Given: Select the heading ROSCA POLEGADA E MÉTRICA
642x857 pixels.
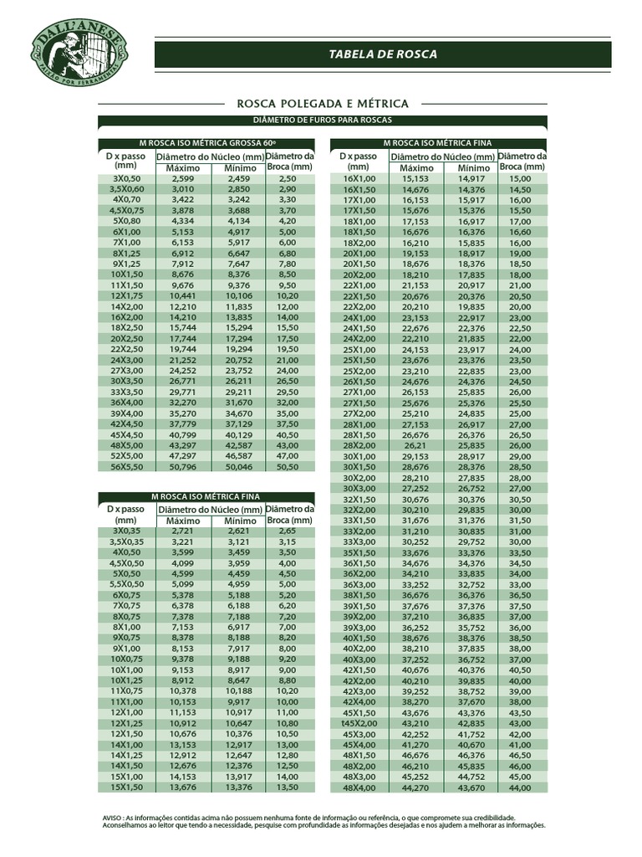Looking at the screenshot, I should point(323,103).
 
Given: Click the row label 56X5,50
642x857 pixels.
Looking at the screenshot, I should point(127,466).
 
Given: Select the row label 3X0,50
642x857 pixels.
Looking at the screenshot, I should point(127,178).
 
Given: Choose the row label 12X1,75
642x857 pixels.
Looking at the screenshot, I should point(127,295).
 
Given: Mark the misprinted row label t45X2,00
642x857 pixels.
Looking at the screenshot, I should point(359,722).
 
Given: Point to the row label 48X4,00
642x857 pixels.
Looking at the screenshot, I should point(359,787).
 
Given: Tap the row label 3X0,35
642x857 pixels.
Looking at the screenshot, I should point(127,531).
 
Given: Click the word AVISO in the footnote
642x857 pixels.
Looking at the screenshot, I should point(110,817).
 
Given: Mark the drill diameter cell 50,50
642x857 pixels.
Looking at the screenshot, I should point(288,466).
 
